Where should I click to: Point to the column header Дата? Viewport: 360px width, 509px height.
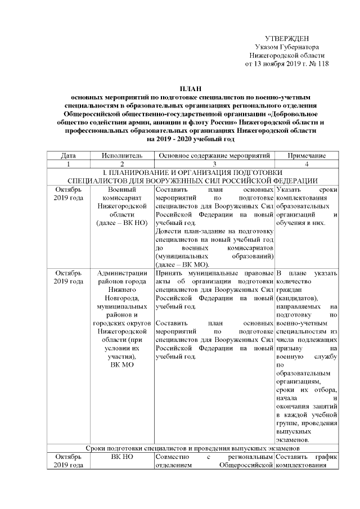(x=69, y=155)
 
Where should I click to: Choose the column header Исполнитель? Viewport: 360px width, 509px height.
(x=121, y=155)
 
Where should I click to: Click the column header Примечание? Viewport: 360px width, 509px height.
(x=307, y=155)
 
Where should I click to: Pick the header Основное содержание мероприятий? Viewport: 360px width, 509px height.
(x=215, y=155)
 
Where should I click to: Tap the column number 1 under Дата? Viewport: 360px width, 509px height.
(x=69, y=164)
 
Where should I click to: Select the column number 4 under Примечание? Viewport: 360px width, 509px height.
(x=307, y=164)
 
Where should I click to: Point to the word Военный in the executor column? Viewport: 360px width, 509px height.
(x=122, y=190)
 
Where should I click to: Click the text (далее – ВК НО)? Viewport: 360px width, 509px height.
(x=122, y=223)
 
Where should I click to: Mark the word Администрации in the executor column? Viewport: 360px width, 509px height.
(x=122, y=273)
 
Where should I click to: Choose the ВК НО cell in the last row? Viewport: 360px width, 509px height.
(x=122, y=457)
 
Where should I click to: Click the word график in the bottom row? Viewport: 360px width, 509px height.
(x=325, y=457)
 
